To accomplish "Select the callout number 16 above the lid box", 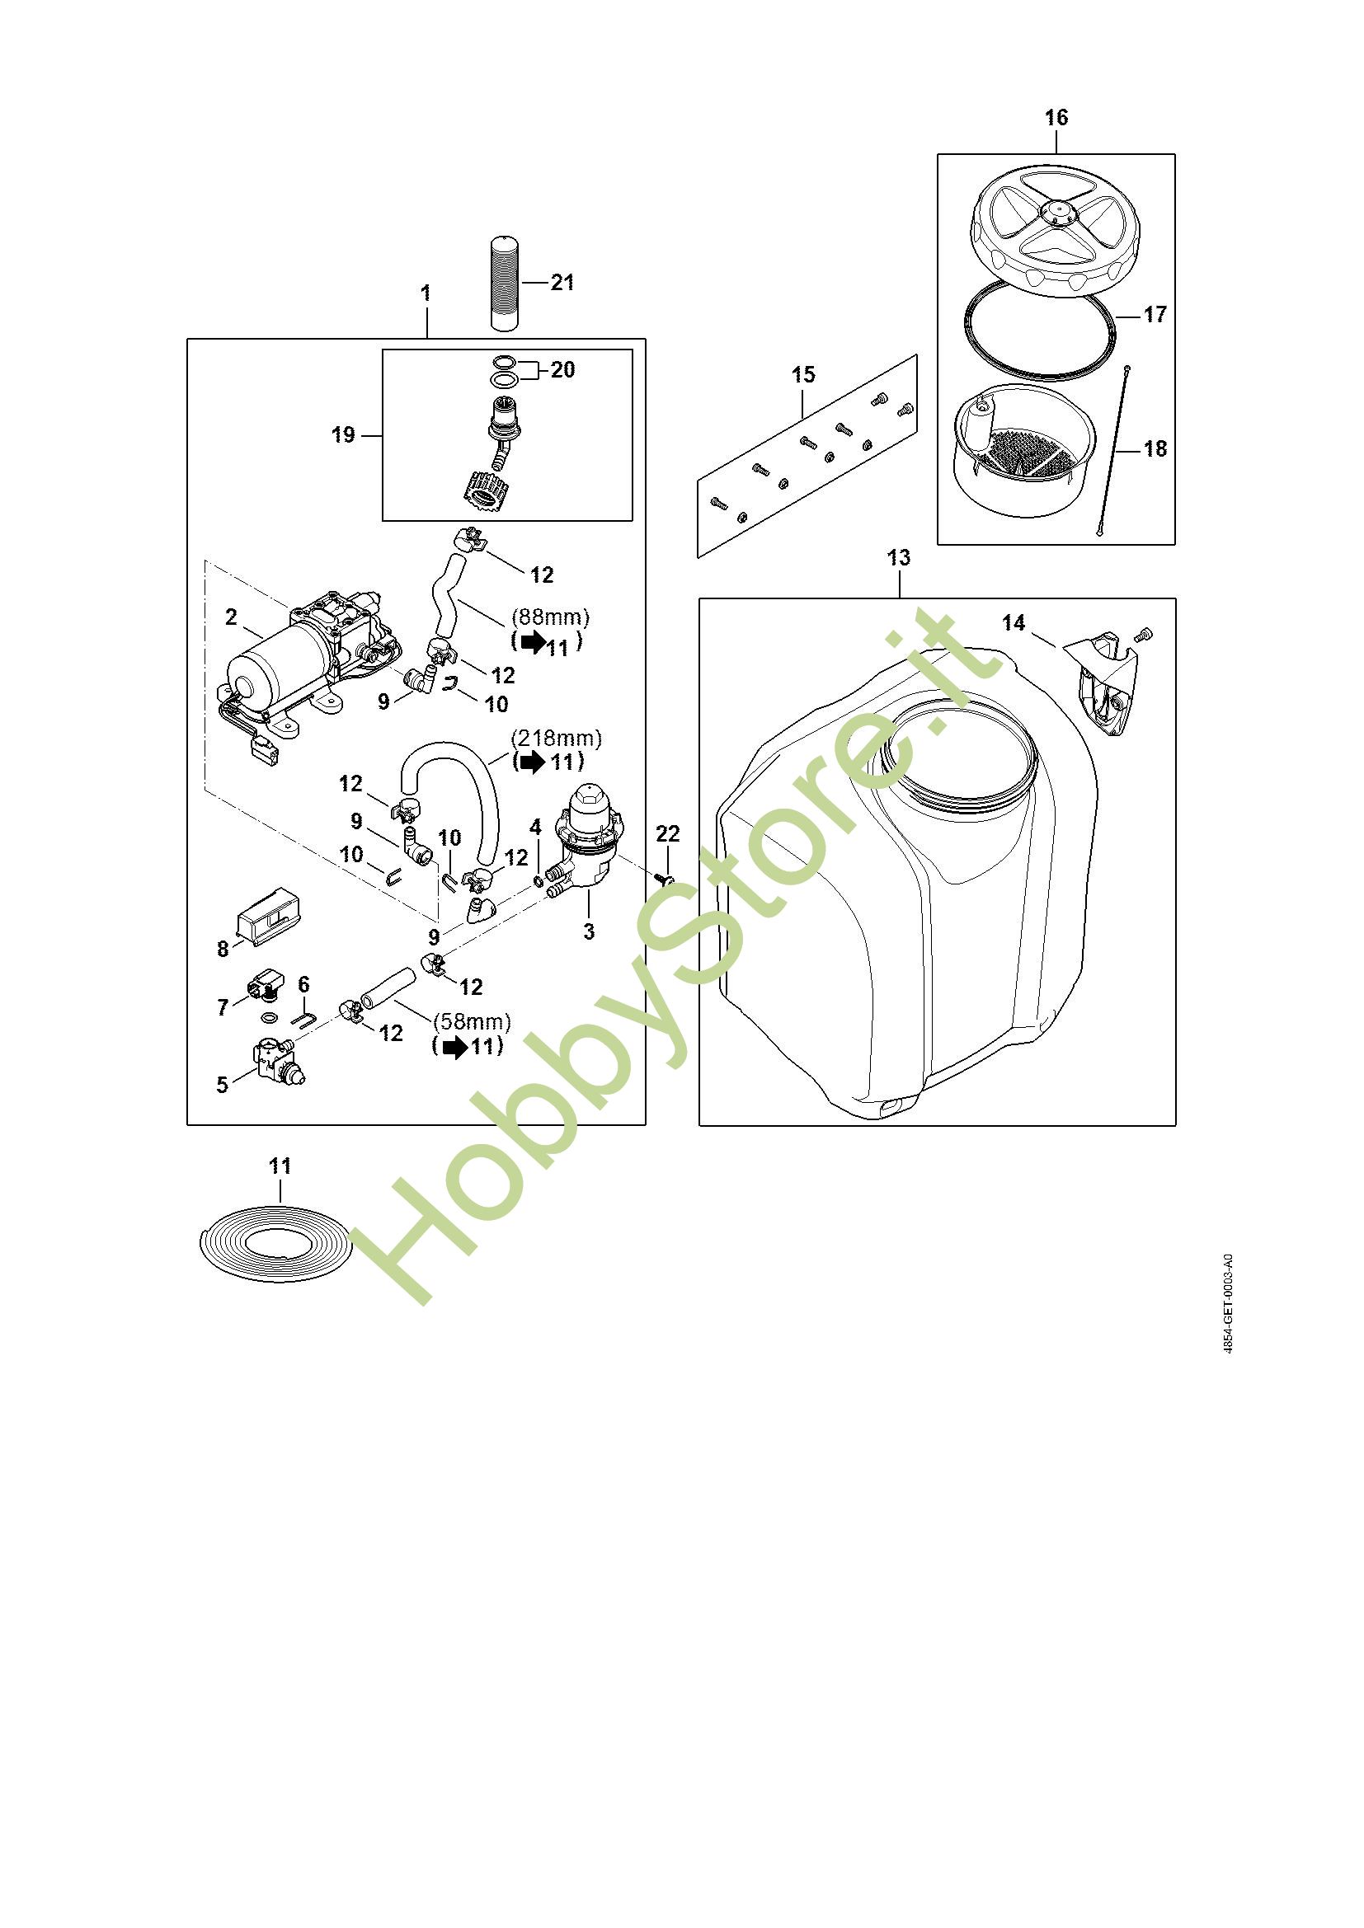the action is tap(1056, 118).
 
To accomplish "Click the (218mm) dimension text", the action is tap(557, 738).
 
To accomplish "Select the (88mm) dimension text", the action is tap(551, 617).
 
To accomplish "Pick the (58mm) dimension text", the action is tap(472, 1022).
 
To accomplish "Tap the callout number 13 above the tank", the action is tap(898, 557).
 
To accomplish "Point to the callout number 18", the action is tap(1155, 448).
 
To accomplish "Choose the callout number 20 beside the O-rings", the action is tap(562, 369).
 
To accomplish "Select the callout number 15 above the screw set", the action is tap(803, 374).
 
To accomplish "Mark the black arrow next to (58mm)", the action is tap(456, 1047).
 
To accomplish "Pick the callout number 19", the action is tap(344, 435).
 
